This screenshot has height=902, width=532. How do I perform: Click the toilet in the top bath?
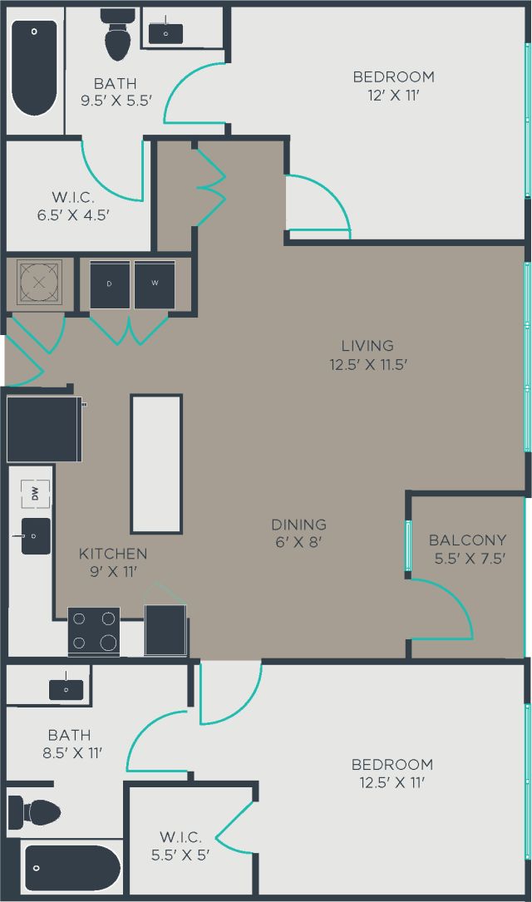(x=117, y=36)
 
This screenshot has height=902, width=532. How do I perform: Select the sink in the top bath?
(x=165, y=32)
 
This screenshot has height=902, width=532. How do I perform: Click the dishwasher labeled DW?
(x=35, y=494)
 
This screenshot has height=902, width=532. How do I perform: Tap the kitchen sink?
(x=36, y=536)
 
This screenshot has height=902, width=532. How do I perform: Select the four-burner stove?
(x=93, y=632)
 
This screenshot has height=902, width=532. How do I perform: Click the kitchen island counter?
(x=156, y=464)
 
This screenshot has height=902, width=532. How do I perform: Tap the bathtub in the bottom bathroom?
(x=71, y=868)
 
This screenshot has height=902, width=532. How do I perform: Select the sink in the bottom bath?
(x=66, y=688)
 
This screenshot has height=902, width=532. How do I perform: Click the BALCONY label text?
(x=467, y=540)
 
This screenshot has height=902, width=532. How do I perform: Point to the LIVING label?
(x=367, y=345)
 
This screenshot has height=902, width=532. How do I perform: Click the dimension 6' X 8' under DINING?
(x=298, y=542)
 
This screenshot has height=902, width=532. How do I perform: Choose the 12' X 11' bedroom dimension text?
(x=393, y=95)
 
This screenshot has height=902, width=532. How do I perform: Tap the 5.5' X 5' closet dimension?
(x=181, y=855)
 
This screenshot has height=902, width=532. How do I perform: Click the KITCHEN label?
(x=113, y=554)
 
